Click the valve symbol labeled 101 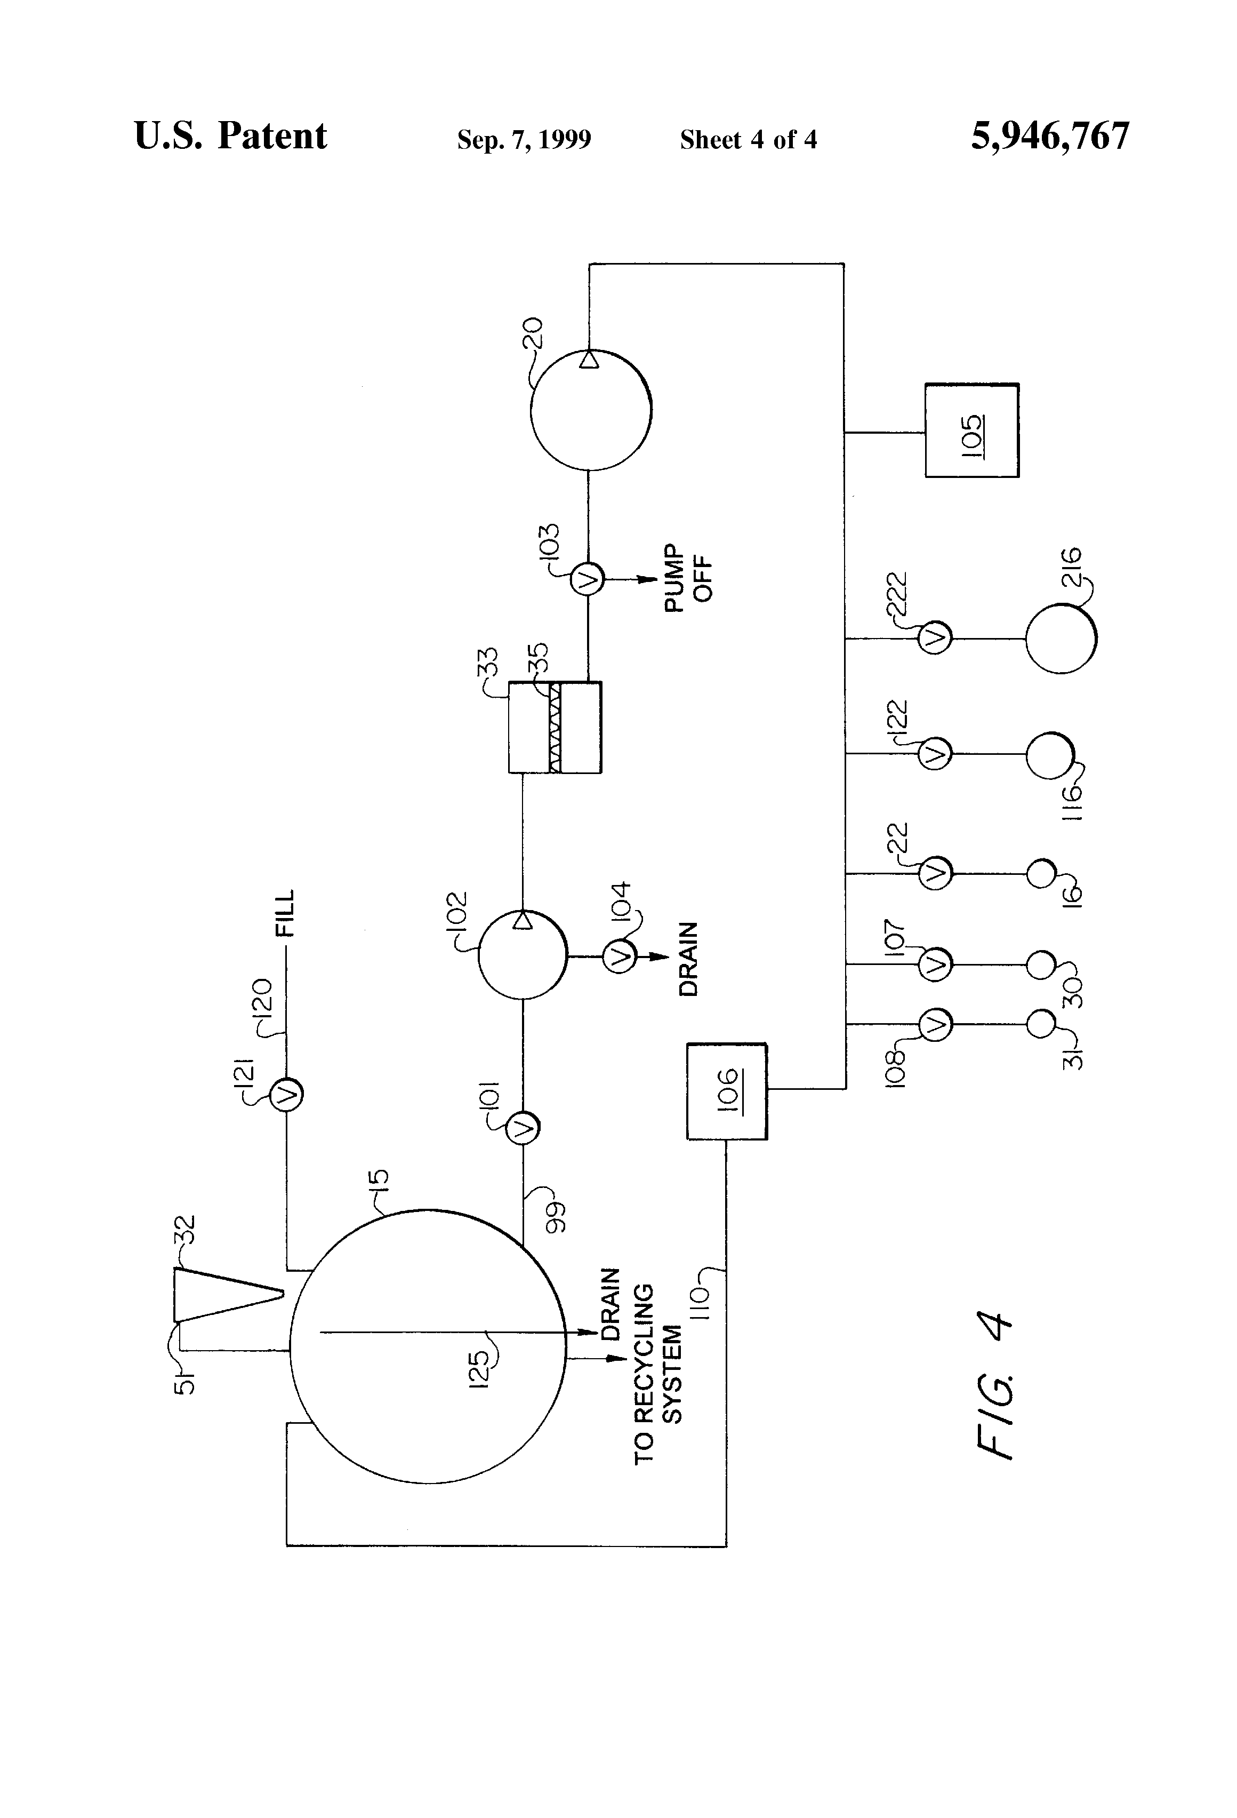click(523, 1127)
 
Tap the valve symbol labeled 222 click(934, 639)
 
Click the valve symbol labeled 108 click(934, 1024)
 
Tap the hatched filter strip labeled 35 click(555, 728)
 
